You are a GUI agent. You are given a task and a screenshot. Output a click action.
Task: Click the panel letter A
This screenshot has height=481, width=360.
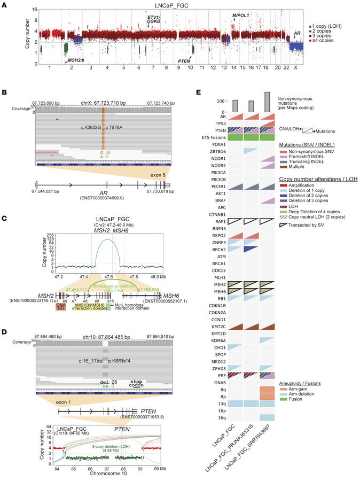click(5, 4)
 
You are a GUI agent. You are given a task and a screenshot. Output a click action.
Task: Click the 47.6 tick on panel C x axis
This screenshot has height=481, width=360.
click(108, 247)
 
